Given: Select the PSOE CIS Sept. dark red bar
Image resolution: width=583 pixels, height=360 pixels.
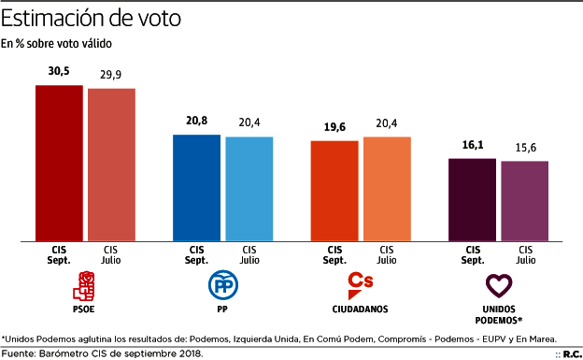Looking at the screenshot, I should click(59, 163).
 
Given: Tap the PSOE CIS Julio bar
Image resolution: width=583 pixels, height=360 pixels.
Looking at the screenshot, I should click(111, 165).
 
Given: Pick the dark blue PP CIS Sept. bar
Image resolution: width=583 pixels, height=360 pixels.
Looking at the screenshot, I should click(196, 188).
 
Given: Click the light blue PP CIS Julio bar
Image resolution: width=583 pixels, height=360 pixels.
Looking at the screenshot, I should click(249, 189).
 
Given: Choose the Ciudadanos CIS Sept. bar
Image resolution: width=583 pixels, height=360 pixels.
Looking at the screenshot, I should click(334, 191).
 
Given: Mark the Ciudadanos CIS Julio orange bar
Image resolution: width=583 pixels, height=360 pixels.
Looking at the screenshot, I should click(387, 189).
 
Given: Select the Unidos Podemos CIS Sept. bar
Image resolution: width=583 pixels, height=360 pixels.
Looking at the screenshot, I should click(472, 200).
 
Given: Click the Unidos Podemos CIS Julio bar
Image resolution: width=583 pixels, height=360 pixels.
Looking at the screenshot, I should click(524, 201).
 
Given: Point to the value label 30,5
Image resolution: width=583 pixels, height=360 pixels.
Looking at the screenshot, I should click(59, 71).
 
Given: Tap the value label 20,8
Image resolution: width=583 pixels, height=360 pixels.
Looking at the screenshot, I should click(196, 122).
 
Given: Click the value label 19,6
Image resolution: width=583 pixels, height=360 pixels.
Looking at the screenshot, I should click(334, 127).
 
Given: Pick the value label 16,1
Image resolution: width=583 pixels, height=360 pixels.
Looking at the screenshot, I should click(472, 145).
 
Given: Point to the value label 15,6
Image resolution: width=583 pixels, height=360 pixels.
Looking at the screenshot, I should click(524, 148).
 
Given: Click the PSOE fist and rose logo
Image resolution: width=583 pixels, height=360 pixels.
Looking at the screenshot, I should click(85, 284).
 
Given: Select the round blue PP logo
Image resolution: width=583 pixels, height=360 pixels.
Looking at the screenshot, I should click(222, 284).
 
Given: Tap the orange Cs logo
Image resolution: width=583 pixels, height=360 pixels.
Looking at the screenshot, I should click(360, 282).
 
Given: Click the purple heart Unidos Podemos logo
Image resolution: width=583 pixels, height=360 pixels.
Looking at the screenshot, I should click(500, 284).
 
